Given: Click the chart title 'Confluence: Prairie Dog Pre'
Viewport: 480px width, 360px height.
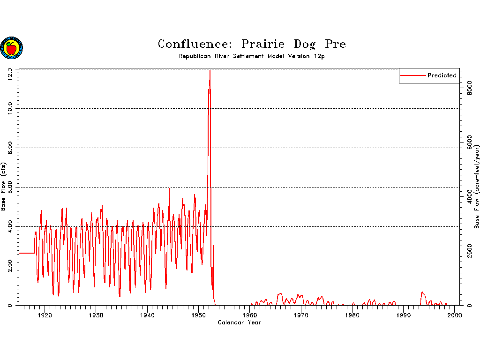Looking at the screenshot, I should click(252, 44).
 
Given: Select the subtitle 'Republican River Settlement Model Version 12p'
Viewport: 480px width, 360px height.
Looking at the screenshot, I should click(252, 56).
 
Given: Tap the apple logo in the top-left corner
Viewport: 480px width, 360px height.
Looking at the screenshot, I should click(11, 48).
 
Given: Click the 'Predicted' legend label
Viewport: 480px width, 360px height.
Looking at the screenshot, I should click(442, 75).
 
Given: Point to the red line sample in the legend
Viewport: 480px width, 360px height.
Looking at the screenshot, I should click(413, 75).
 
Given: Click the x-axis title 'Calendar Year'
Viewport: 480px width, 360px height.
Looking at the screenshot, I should click(239, 322).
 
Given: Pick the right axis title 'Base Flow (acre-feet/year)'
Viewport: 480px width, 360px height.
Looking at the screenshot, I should click(476, 187).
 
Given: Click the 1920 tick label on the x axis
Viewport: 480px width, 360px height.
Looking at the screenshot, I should click(45, 315).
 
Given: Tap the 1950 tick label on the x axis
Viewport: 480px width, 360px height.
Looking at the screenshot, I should click(199, 315).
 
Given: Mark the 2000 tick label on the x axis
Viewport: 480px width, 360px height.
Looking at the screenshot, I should click(455, 315).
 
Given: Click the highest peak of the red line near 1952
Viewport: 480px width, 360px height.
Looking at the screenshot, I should click(210, 71).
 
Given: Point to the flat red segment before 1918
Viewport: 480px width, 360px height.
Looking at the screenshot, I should click(26, 253).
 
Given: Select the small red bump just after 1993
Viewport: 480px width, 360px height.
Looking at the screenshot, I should click(422, 292).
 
